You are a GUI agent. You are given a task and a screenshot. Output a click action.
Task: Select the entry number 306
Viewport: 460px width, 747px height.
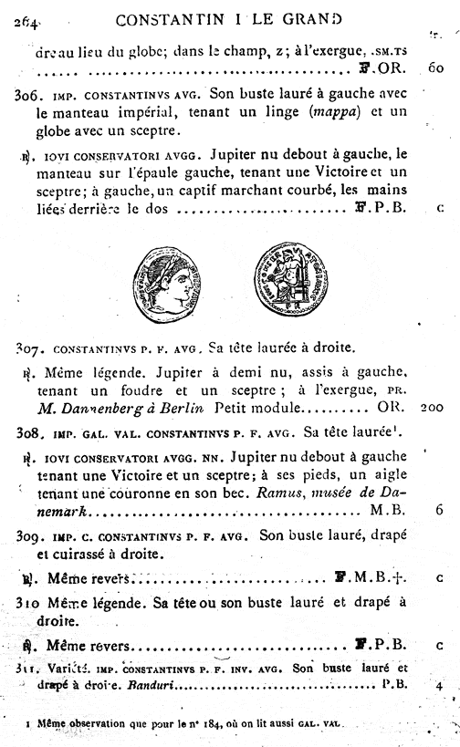[x=30, y=94]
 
